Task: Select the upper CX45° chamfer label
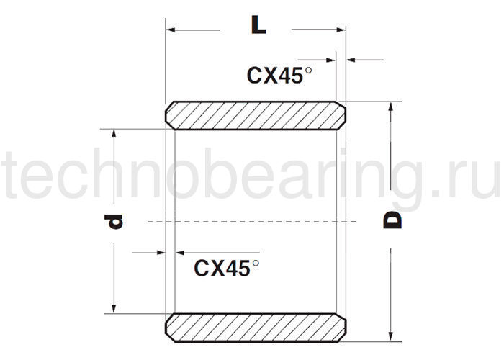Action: click(281, 75)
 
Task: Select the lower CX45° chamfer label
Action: click(226, 268)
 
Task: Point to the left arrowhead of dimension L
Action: click(171, 30)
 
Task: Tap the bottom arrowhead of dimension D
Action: click(391, 335)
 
